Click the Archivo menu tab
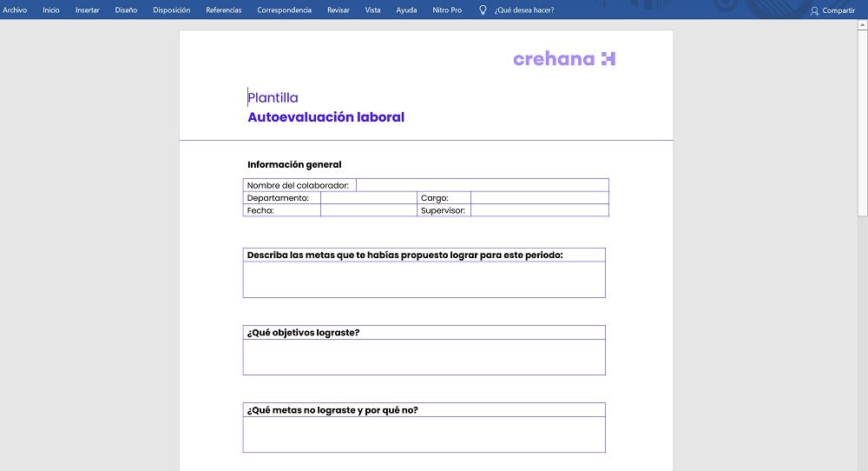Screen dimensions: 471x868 15,10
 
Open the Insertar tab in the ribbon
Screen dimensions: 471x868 87,10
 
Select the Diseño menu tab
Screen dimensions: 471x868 126,10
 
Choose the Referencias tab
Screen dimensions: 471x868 223,10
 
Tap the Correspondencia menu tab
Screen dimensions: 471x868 284,10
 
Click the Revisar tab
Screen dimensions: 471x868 339,10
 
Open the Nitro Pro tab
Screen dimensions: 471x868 447,10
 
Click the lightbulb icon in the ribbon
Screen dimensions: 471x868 483,10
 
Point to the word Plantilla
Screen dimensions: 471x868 273,97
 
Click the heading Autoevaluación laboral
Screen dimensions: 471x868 325,117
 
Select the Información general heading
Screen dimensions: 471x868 294,164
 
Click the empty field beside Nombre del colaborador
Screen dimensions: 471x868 482,185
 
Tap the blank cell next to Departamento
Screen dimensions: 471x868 368,198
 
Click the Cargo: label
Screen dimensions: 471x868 434,198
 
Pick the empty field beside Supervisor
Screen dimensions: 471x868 539,210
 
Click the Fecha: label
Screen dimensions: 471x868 260,210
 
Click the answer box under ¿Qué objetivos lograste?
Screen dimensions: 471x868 424,357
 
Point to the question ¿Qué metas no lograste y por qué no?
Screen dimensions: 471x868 332,410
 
